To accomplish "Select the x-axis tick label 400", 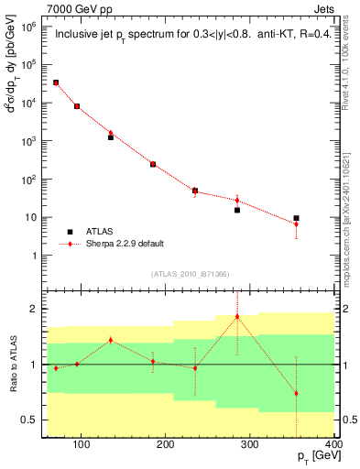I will [x=333, y=445].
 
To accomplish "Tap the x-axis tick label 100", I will [x=81, y=445].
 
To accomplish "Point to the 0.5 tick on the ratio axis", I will [x=34, y=420].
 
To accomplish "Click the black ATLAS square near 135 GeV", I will [x=111, y=136].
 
